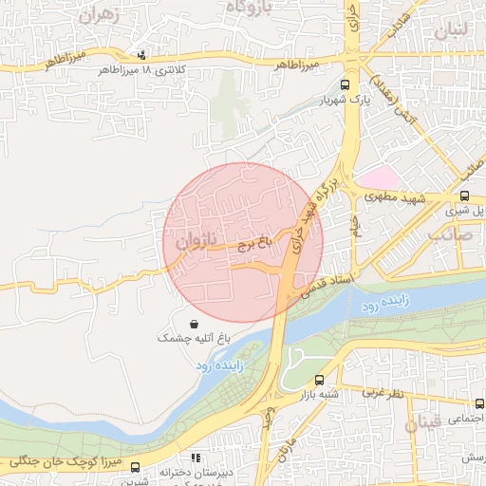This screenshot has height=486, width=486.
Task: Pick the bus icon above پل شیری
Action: click(x=465, y=196)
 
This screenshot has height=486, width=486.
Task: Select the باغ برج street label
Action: click(x=253, y=244)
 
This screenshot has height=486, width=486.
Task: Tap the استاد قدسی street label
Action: click(x=325, y=283)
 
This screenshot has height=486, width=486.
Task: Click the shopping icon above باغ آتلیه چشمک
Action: click(x=194, y=324)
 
